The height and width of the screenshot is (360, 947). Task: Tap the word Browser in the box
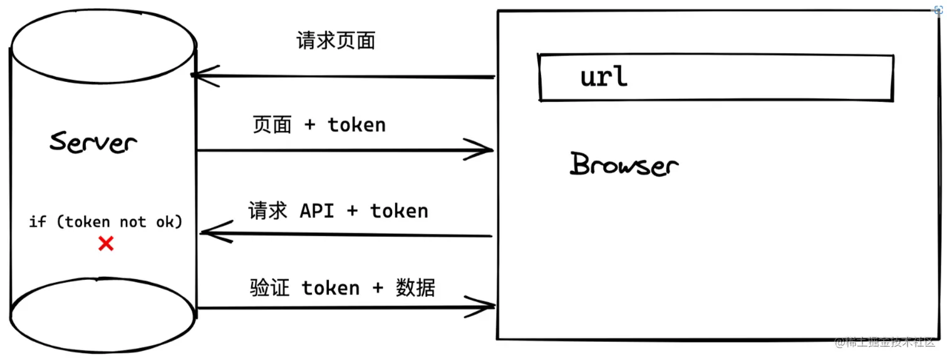(x=624, y=165)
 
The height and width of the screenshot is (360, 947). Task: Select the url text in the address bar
(x=604, y=76)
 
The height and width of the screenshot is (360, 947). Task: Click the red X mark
(x=106, y=244)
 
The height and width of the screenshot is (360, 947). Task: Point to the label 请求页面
(x=336, y=41)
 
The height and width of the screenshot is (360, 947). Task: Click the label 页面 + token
(x=319, y=125)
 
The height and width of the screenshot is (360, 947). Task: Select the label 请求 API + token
(x=338, y=210)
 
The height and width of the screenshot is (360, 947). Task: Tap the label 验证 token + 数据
(x=342, y=287)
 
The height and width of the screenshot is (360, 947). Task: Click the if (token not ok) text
(x=105, y=222)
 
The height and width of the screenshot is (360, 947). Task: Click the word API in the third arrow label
(x=317, y=210)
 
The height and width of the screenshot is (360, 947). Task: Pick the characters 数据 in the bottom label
(x=415, y=287)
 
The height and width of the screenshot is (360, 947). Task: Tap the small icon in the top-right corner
(x=938, y=10)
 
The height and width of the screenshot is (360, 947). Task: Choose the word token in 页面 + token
(x=356, y=125)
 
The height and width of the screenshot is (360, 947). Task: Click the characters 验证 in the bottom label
(x=269, y=287)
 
